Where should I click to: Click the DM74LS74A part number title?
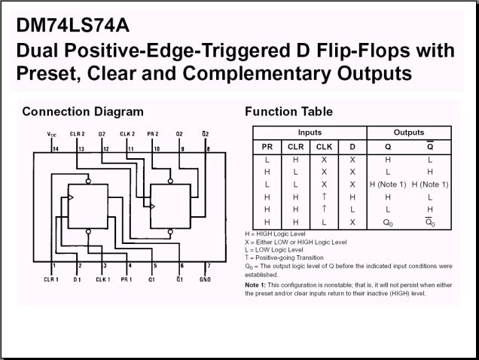point(73,25)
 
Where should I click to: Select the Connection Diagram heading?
point(83,112)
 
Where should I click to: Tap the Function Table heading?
point(288,111)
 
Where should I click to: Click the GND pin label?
point(205,279)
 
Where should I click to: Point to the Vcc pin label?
point(52,134)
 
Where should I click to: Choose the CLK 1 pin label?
point(102,279)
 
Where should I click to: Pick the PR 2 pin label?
point(153,134)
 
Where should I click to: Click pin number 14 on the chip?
point(56,149)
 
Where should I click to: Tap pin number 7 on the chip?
point(209,266)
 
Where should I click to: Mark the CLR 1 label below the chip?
point(51,279)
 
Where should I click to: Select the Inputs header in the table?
point(310,133)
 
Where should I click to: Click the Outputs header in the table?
point(409,133)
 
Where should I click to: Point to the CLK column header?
point(324,147)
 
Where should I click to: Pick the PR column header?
point(267,147)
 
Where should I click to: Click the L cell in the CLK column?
point(324,222)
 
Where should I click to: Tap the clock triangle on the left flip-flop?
point(71,197)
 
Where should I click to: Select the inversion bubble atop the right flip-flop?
point(170,182)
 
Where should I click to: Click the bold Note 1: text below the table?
point(255,285)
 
